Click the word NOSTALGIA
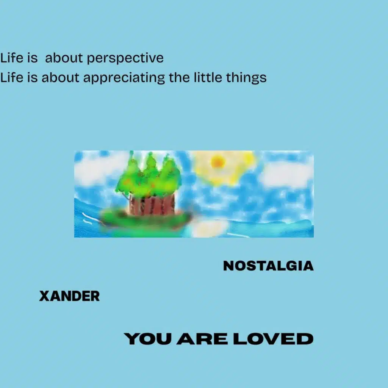pyautogui.click(x=268, y=266)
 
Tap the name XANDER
pyautogui.click(x=69, y=296)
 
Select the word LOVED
pyautogui.click(x=273, y=339)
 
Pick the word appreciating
pyautogui.click(x=124, y=78)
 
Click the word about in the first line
pyautogui.click(x=66, y=58)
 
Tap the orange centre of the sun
pyautogui.click(x=218, y=162)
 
